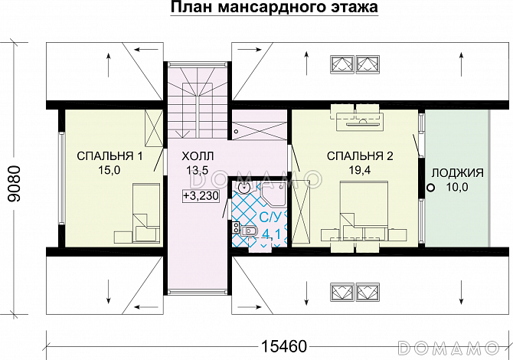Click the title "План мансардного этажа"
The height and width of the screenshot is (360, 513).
tap(273, 9)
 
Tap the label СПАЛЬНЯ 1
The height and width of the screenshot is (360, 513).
tap(110, 156)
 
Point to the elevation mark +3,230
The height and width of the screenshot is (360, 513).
tap(201, 196)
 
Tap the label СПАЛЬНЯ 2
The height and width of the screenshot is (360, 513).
tap(360, 156)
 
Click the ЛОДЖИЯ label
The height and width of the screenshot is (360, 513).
tap(457, 172)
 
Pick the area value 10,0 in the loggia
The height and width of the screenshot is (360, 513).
tap(457, 186)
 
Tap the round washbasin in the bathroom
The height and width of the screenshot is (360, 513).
tap(244, 186)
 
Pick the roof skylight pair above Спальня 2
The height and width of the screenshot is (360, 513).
tap(354, 64)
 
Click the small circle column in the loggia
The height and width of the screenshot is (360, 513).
tap(430, 186)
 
